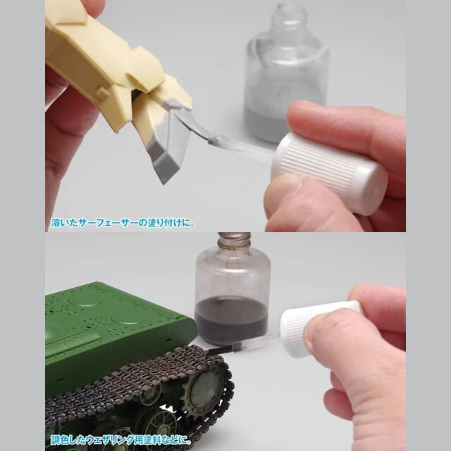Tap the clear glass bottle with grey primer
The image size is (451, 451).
point(286,72)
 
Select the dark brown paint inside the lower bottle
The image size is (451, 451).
point(231,321)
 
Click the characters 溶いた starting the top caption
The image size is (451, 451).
point(64,223)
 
